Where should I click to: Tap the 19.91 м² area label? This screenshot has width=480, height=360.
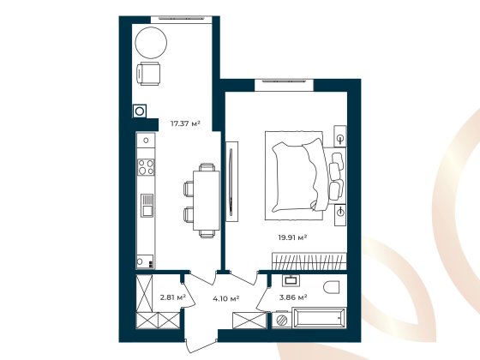tap(291, 237)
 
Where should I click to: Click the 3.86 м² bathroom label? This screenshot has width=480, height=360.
tap(293, 298)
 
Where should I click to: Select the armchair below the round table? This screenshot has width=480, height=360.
tap(151, 75)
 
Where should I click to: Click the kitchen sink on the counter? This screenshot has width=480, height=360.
tap(147, 206)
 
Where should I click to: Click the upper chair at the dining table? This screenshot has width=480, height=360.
tap(190, 187)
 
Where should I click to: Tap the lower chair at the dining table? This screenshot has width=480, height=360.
tap(190, 213)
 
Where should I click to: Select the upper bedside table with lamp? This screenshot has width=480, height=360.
tap(340, 139)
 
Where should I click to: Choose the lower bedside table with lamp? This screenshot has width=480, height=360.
tap(340, 211)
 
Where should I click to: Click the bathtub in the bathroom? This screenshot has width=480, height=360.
tap(319, 320)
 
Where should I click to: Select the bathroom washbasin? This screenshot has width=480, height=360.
tap(291, 279)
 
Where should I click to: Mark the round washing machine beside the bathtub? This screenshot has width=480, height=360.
tap(280, 320)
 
